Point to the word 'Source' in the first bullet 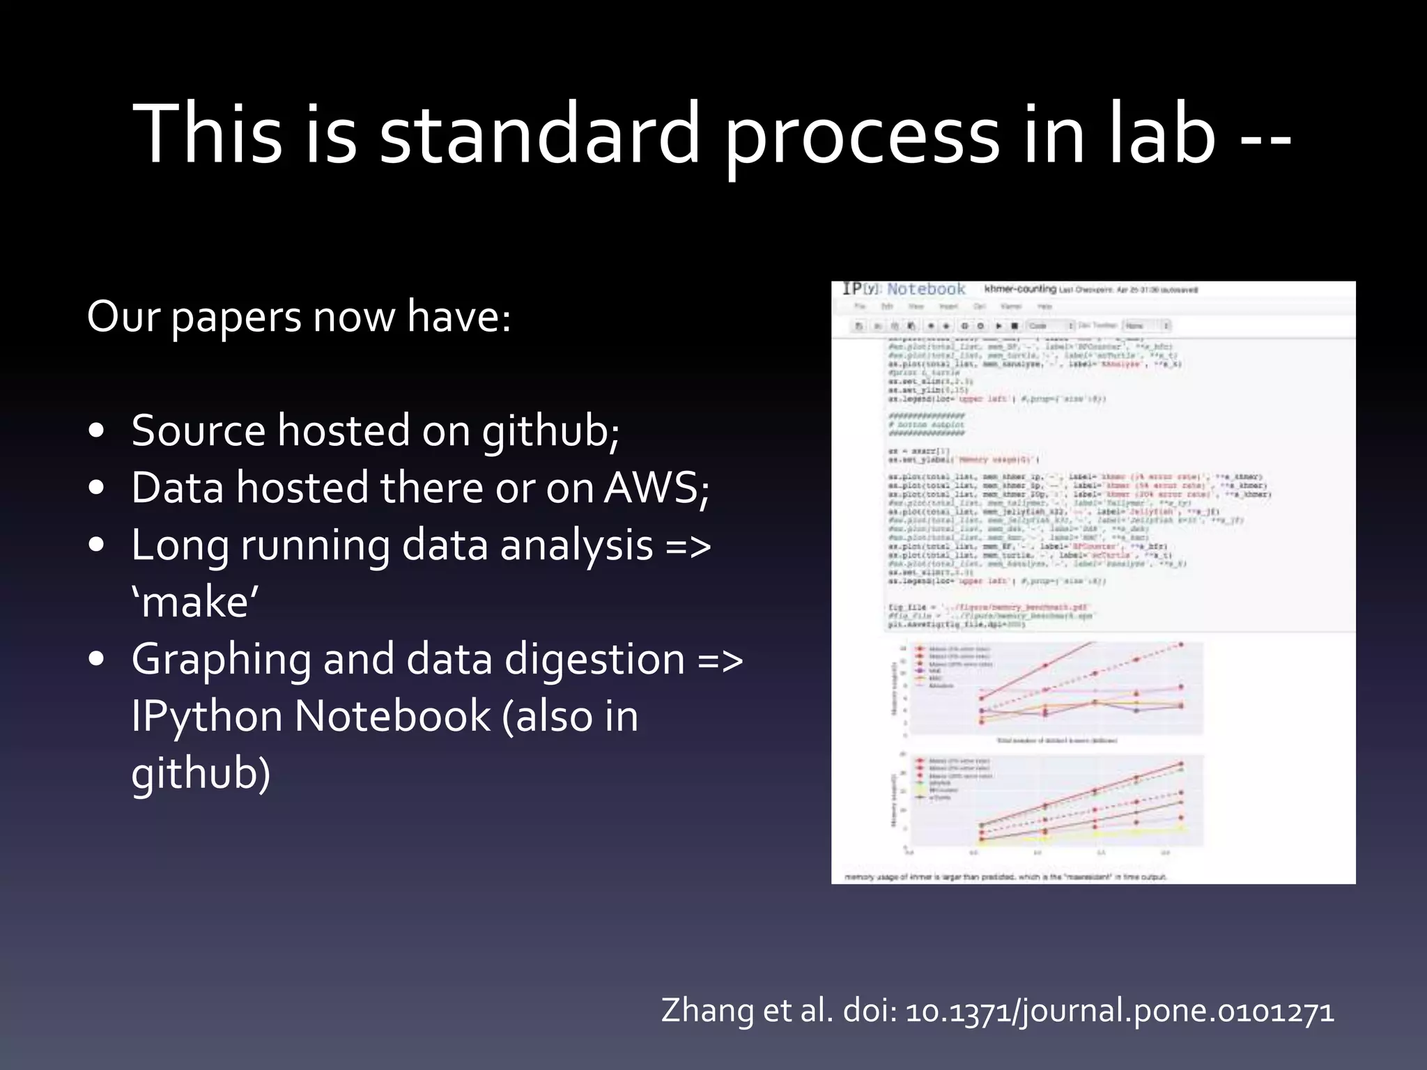tap(198, 430)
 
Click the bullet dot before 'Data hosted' tap(97, 487)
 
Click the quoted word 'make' tap(195, 602)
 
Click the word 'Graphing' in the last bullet tap(221, 660)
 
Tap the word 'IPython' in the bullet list tap(206, 716)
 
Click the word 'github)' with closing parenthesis tap(201, 773)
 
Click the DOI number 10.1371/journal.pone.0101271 tap(1119, 1011)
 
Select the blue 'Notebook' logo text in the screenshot tap(926, 289)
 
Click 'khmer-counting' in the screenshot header tap(1019, 289)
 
